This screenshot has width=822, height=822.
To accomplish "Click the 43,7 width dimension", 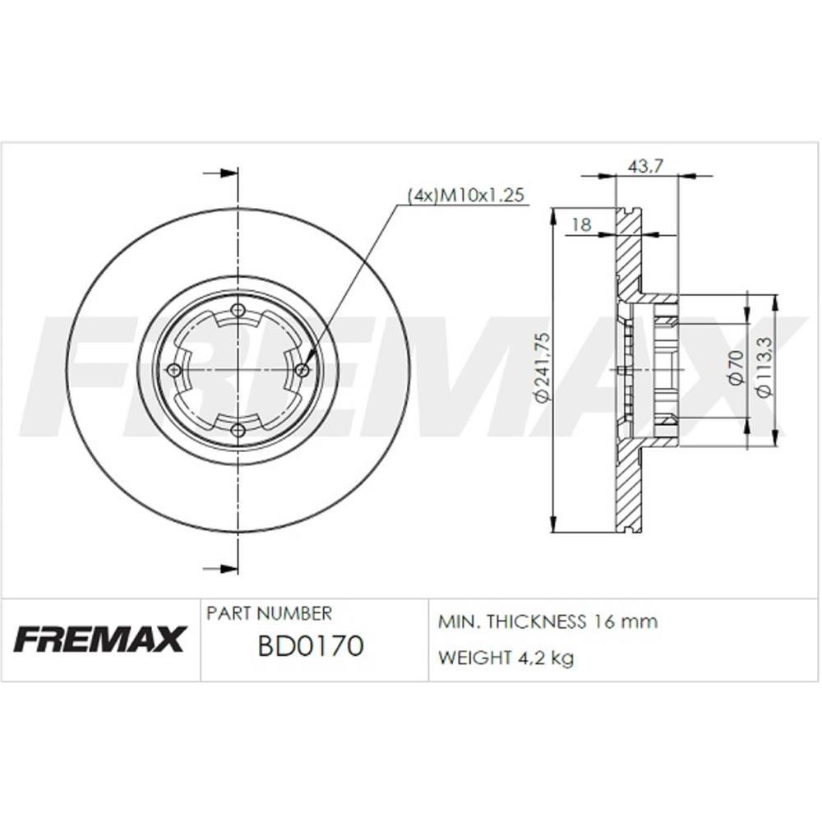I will click(645, 166).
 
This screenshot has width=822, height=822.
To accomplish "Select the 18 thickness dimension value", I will click(581, 224).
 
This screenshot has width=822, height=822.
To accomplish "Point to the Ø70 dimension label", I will click(736, 367).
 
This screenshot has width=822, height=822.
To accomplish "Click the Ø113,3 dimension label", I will click(764, 368).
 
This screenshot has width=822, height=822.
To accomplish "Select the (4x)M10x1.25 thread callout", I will click(466, 196).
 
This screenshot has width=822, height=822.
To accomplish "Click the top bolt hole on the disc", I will click(238, 310).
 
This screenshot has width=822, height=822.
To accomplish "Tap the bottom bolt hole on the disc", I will click(238, 430).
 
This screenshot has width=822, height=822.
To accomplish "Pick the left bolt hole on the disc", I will click(173, 370).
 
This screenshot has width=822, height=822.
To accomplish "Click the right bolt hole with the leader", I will click(302, 370).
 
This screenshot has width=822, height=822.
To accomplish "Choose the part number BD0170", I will click(310, 647).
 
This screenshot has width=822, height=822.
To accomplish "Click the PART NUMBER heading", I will click(269, 614).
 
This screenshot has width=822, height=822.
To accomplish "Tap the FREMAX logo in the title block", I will click(99, 639).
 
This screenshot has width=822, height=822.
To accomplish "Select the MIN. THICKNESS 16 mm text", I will click(548, 621).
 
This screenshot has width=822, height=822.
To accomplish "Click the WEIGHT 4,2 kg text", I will click(506, 658).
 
